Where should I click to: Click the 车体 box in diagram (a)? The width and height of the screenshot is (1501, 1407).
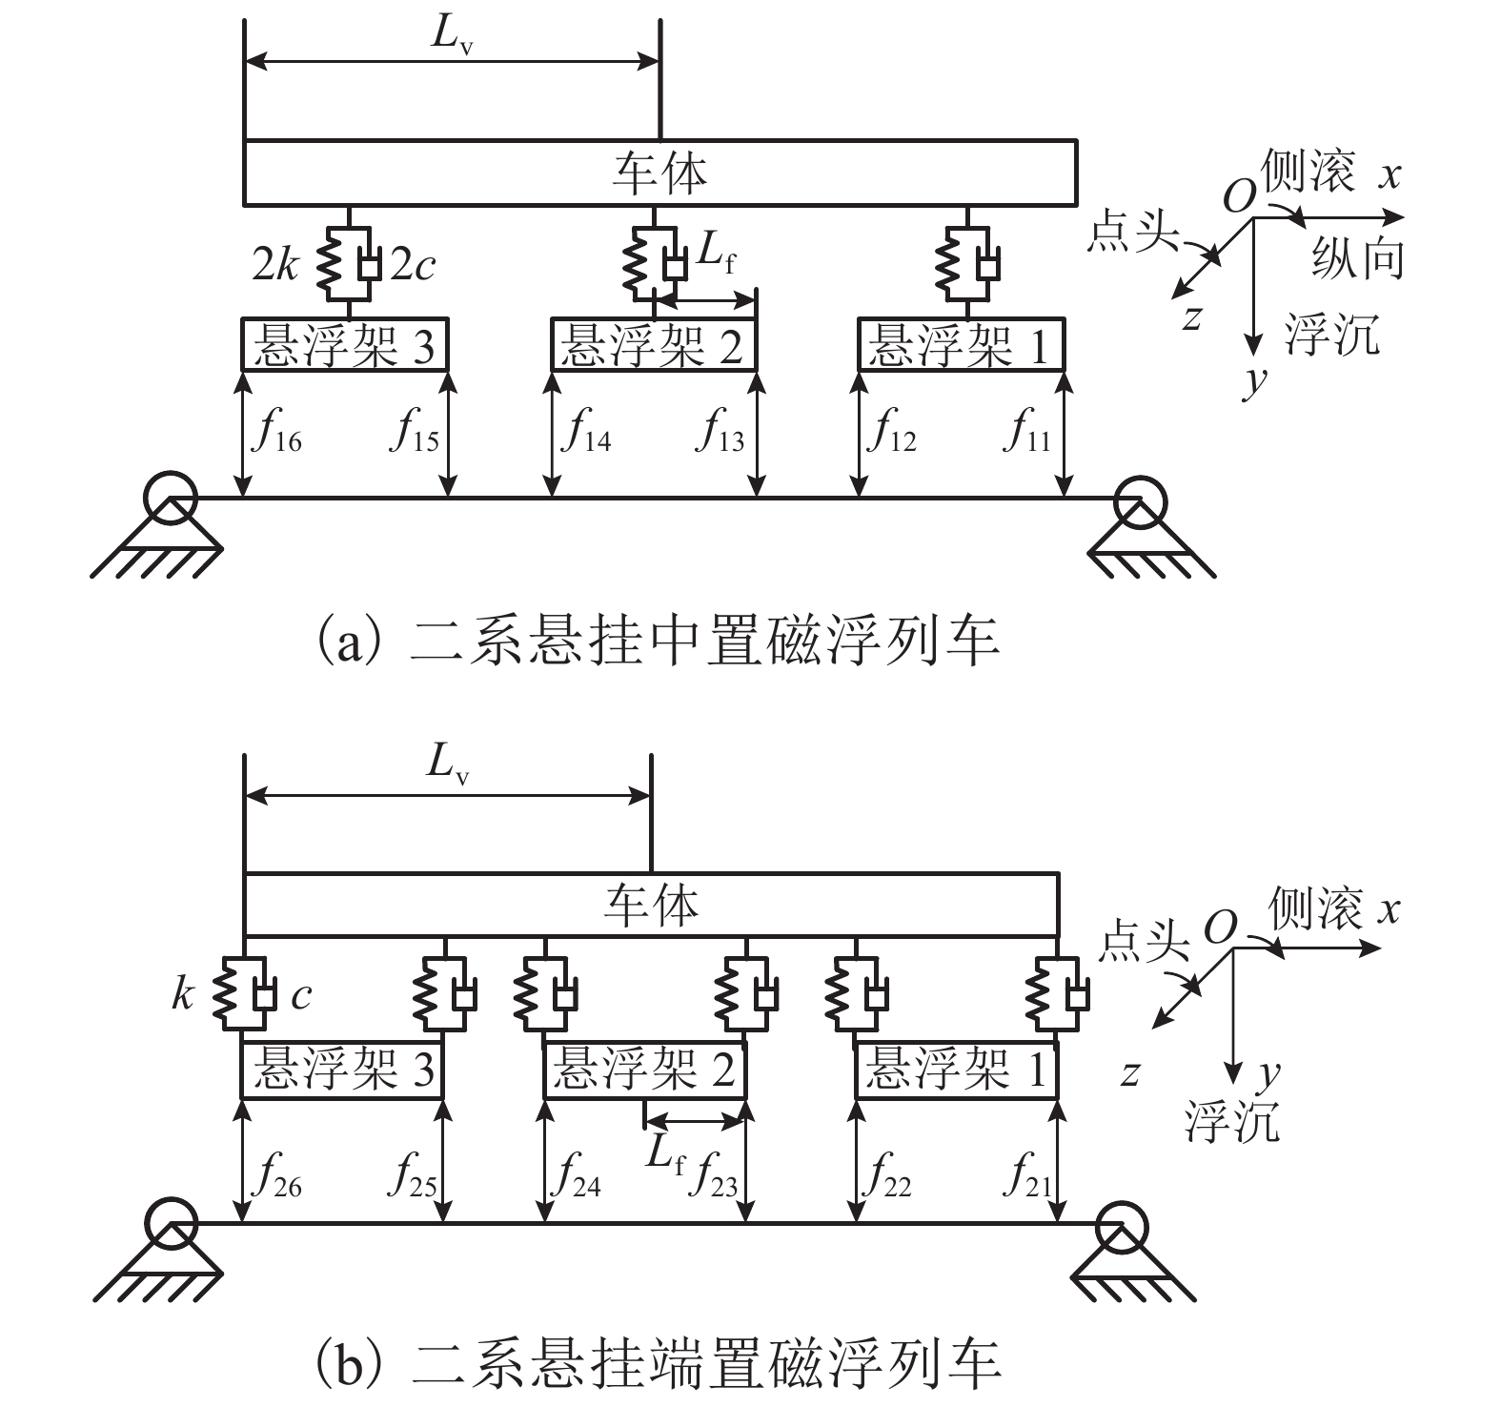pyautogui.click(x=660, y=173)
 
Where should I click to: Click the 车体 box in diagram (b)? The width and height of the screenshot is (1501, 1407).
pyautogui.click(x=651, y=905)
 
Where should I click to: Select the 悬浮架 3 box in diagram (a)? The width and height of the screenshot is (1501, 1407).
pyautogui.click(x=344, y=344)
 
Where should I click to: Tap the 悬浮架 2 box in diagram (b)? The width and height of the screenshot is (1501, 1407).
pyautogui.click(x=645, y=1070)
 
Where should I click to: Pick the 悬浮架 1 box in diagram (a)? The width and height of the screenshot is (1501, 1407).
pyautogui.click(x=961, y=344)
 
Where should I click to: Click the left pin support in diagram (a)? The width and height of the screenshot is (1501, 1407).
pyautogui.click(x=172, y=526)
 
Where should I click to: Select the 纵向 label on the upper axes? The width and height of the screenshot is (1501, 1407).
pyautogui.click(x=1357, y=257)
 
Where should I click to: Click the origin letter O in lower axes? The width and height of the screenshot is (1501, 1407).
pyautogui.click(x=1220, y=926)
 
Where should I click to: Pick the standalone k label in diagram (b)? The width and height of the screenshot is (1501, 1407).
pyautogui.click(x=183, y=995)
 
